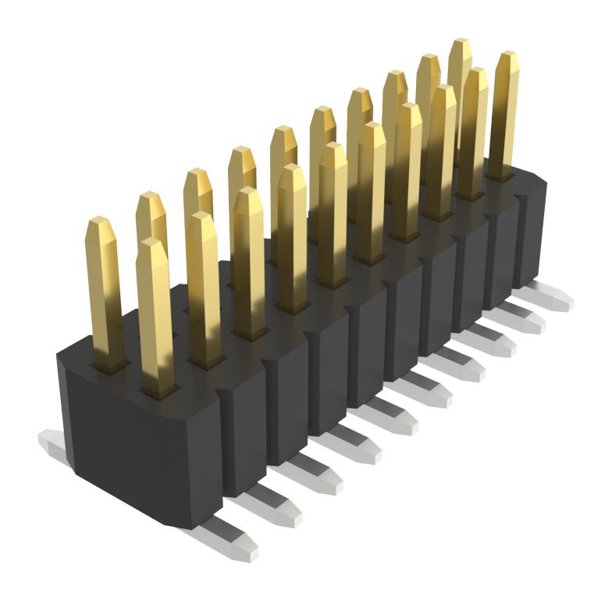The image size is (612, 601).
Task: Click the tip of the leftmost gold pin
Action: (100, 224)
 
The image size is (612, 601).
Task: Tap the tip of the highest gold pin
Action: (460, 44)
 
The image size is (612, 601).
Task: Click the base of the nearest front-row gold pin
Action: (159, 383)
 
